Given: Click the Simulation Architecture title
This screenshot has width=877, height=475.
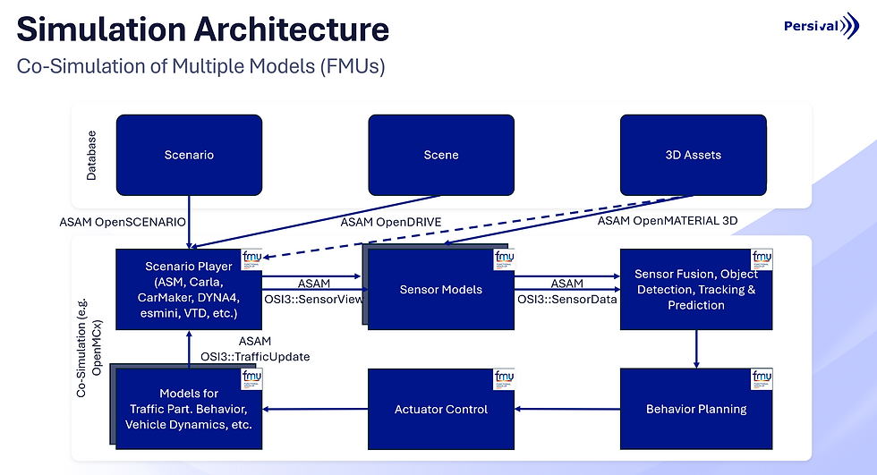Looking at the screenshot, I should (203, 30).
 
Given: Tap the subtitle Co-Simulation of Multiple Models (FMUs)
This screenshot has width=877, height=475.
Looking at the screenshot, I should (201, 67).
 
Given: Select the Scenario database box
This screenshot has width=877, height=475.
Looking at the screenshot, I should (189, 155).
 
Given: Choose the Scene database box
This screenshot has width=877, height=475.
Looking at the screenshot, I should (441, 155).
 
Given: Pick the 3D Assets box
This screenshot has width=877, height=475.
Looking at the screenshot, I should (694, 155).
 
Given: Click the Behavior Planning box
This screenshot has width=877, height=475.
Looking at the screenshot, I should (695, 409).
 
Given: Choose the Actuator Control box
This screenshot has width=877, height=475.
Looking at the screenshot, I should (441, 409).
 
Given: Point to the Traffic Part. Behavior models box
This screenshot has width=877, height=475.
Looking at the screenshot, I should (188, 409).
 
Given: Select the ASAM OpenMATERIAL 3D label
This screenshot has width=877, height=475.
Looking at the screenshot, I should (668, 221).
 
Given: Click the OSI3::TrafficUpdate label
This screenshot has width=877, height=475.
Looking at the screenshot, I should (255, 357).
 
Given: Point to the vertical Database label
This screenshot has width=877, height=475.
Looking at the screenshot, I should (91, 156).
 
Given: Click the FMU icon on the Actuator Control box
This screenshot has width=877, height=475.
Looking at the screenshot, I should (503, 379).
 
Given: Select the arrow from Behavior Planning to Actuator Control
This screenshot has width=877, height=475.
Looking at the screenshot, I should (567, 410).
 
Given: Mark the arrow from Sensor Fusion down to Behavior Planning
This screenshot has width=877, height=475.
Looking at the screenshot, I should (696, 349).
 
